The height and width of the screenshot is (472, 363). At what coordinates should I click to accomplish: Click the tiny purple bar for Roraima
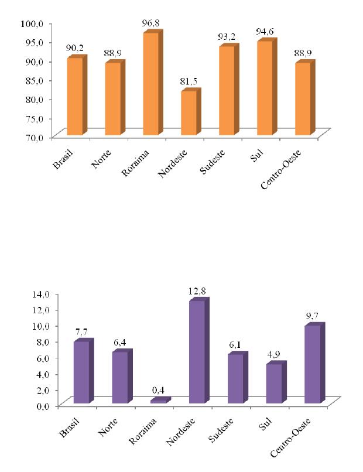pyautogui.click(x=159, y=401)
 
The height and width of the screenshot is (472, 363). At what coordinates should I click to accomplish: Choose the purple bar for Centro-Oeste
pyautogui.click(x=312, y=364)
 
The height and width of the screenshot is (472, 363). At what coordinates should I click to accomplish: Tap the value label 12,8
pyautogui.click(x=198, y=291)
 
